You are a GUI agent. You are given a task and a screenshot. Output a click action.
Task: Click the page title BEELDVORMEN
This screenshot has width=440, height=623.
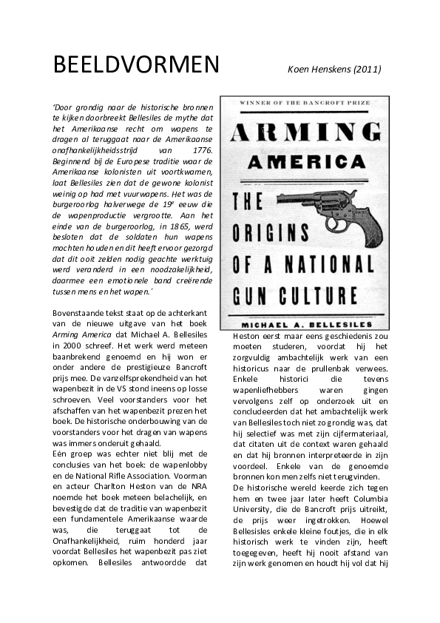point(136,65)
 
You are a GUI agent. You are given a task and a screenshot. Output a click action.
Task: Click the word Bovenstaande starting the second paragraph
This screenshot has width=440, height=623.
point(80,314)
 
